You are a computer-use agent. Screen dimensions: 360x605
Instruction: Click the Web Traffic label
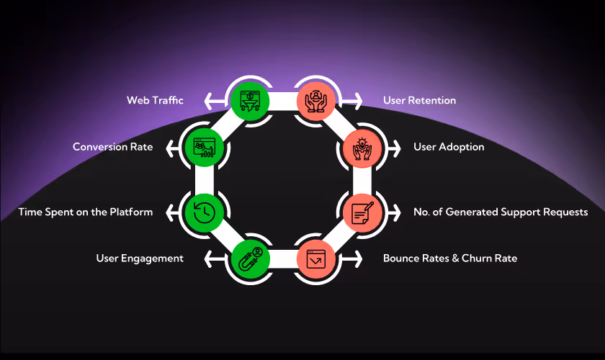155,100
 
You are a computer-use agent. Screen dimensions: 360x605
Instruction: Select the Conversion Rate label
112,147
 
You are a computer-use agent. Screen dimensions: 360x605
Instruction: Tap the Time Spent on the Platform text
86,212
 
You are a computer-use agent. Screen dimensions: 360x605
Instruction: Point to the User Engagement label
140,258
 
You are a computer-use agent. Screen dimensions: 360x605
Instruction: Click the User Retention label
419,100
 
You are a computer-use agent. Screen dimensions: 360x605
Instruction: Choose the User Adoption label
449,147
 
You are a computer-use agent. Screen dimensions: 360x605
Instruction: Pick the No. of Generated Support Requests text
501,212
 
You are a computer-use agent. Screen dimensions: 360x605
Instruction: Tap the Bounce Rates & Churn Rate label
450,258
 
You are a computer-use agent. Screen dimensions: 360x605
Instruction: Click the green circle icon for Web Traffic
248,100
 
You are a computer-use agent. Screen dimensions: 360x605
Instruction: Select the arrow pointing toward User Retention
355,100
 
